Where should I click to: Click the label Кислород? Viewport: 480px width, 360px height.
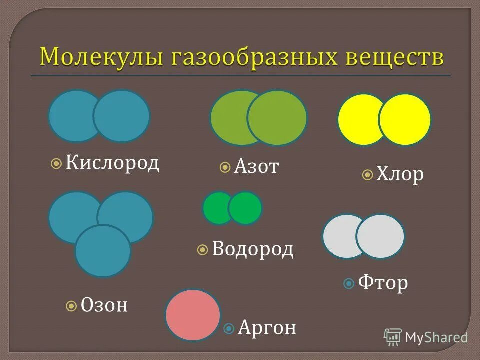tap(113, 162)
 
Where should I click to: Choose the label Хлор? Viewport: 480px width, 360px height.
tap(400, 174)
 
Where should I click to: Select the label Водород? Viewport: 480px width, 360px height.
tap(252, 249)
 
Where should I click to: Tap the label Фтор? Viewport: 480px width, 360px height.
tap(383, 283)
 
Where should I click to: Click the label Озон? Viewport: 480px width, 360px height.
tap(104, 304)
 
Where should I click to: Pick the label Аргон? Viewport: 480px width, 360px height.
tap(267, 328)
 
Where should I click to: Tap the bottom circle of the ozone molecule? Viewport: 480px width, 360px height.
tap(103, 251)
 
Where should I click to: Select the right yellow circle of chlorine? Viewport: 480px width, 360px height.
tap(405, 120)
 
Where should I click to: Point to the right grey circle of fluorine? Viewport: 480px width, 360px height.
tap(380, 236)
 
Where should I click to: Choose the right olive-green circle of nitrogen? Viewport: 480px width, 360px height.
tap(277, 118)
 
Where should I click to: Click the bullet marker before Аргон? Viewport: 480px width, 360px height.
tap(229, 328)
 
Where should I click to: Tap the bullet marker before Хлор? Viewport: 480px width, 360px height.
tap(367, 175)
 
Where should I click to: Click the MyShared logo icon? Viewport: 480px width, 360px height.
tap(393, 337)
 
